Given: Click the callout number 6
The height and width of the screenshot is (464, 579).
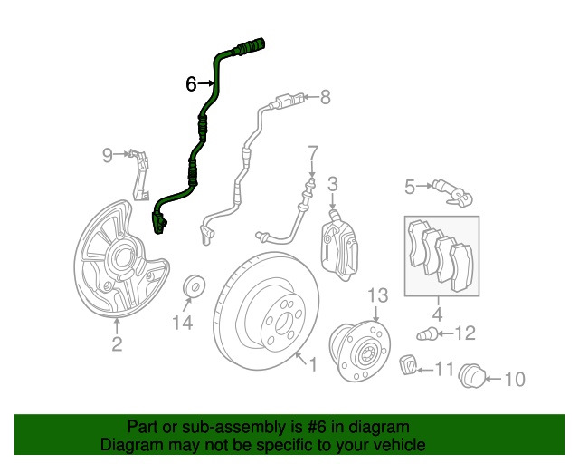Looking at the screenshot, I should [191, 84].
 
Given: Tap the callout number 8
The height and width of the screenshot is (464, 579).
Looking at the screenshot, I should [326, 96].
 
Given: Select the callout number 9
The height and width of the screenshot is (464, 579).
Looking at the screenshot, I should [108, 155].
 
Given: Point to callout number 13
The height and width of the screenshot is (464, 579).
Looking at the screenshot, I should [376, 295].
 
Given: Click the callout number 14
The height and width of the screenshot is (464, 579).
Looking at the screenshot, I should [183, 322].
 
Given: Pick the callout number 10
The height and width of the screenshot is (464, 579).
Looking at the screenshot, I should [513, 378].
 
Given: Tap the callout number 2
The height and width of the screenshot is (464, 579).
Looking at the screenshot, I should [117, 343].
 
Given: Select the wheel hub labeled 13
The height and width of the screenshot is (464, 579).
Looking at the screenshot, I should [360, 349].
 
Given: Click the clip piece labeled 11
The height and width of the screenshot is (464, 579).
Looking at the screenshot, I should [409, 366].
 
